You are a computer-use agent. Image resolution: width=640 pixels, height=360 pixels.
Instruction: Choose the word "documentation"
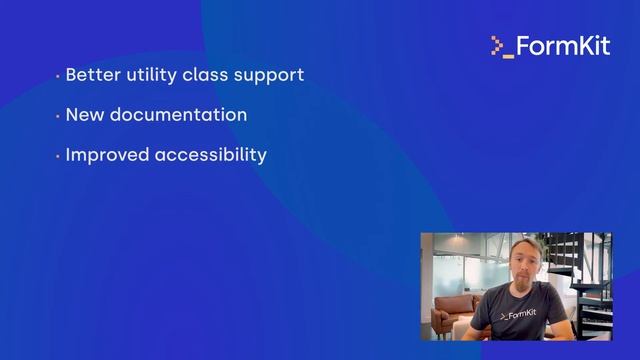[x=178, y=115]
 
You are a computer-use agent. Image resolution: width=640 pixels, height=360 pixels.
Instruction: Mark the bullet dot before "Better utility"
[x=58, y=76]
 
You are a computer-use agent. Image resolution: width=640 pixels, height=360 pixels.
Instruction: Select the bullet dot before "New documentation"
[x=58, y=116]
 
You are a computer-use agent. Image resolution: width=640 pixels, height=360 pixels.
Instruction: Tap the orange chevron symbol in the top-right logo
[x=496, y=45]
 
